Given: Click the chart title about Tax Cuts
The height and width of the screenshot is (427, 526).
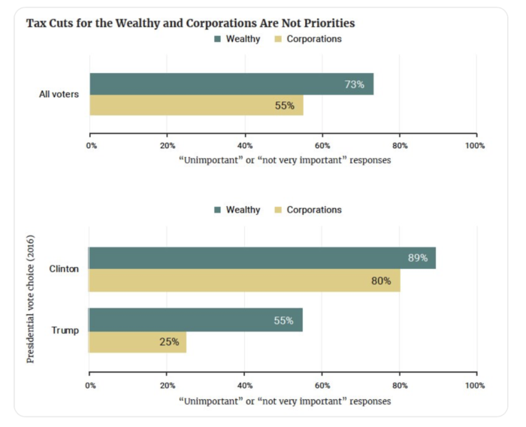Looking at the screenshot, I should pos(190,23).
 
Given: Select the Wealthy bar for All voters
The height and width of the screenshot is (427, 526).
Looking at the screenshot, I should pos(231,84).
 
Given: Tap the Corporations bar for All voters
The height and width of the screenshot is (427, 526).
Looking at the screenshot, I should pos(196,105).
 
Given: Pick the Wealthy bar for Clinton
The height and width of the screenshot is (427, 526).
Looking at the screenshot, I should pos(262,258).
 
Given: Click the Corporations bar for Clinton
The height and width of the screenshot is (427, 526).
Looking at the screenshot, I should pos(244,280).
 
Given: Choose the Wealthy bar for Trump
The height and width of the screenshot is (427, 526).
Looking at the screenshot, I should pos(195,319).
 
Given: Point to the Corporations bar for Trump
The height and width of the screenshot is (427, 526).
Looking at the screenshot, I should pos(138,341).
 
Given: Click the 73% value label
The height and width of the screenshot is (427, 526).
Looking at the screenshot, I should pos(354,84).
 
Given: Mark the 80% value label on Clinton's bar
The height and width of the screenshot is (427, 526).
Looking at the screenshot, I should pos(380,280).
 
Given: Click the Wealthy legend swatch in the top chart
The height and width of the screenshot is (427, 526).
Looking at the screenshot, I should pos(219,38).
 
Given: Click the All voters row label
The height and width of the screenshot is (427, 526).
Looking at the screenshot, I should pos(59,95).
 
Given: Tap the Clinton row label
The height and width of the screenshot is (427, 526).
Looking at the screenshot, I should pos(64,268).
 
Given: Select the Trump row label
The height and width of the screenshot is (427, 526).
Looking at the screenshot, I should pos(65,330).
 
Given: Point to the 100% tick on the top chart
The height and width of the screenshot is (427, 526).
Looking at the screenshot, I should pos(476,145).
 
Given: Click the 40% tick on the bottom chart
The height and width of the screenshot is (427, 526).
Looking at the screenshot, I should pos(244,386).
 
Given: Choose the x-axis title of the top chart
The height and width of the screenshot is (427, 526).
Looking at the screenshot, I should pos(284,159).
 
